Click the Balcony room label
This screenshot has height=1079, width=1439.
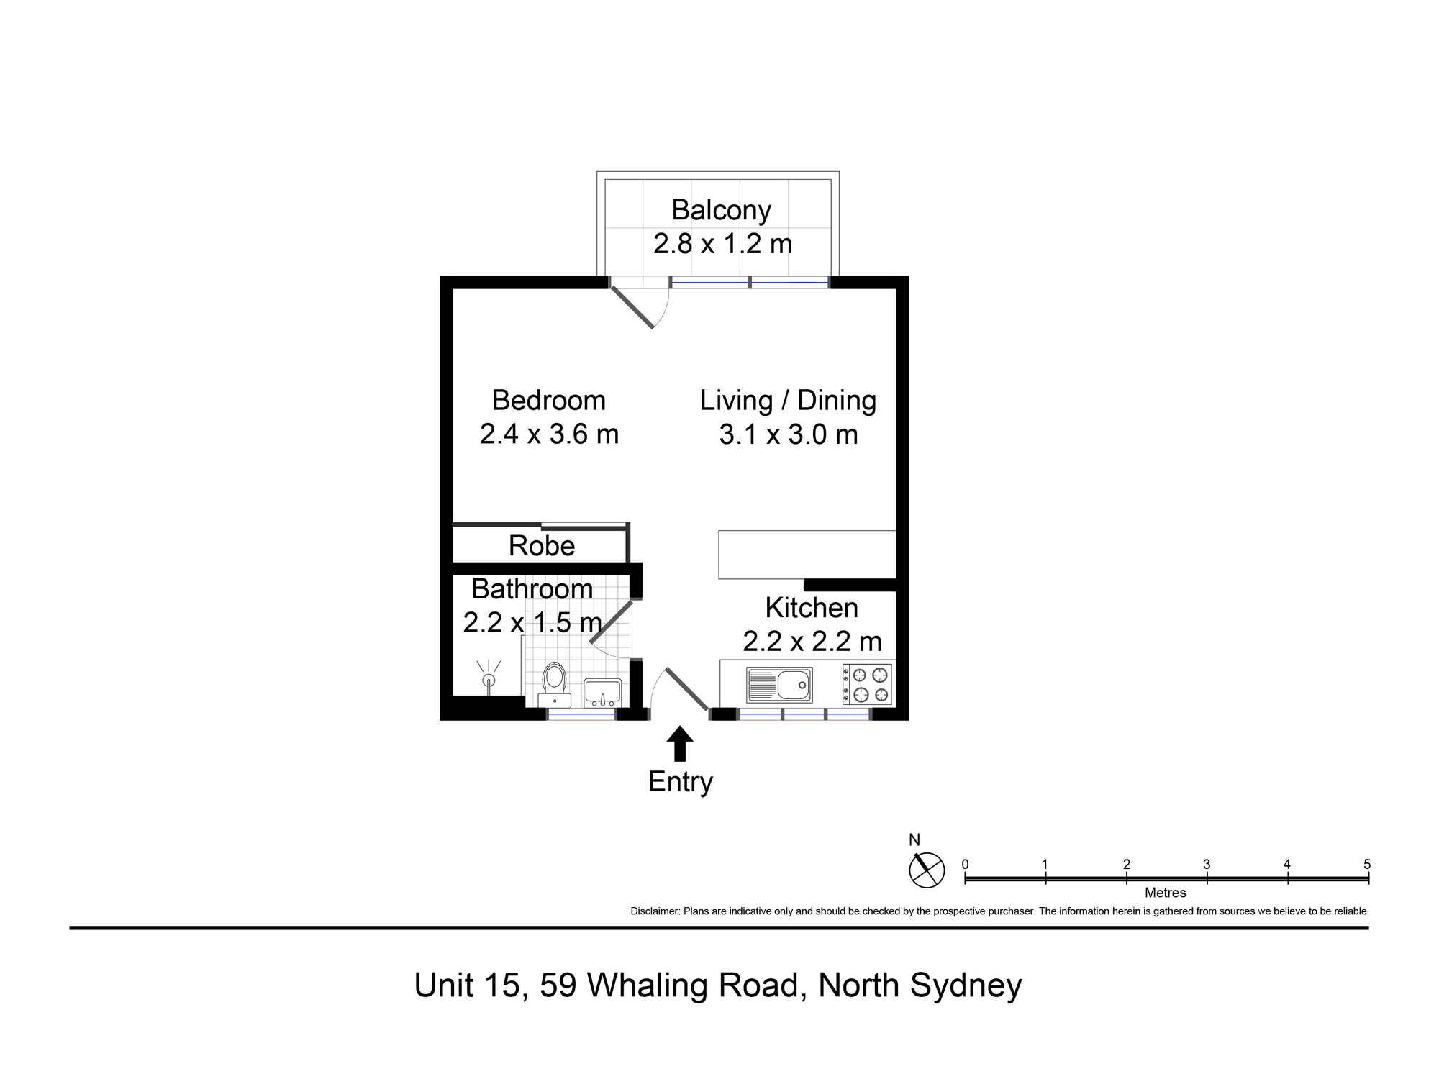721,210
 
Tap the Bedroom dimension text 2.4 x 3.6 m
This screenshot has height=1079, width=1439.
549,434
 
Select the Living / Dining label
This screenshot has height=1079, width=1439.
788,401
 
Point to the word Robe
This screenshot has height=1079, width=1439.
542,546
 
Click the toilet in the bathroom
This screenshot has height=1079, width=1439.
554,686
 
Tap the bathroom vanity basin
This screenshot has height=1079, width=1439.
602,693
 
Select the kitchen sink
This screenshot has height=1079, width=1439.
779,684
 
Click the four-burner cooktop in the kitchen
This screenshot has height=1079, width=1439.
867,684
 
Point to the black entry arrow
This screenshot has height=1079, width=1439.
679,744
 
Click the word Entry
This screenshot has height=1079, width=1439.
680,782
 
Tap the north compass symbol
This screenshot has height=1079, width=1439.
926,870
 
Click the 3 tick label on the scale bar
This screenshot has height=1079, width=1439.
1207,864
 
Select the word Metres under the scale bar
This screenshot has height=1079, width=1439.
1165,893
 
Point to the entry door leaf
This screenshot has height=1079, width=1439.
686,688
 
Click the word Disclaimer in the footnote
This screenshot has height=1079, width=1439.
655,911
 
